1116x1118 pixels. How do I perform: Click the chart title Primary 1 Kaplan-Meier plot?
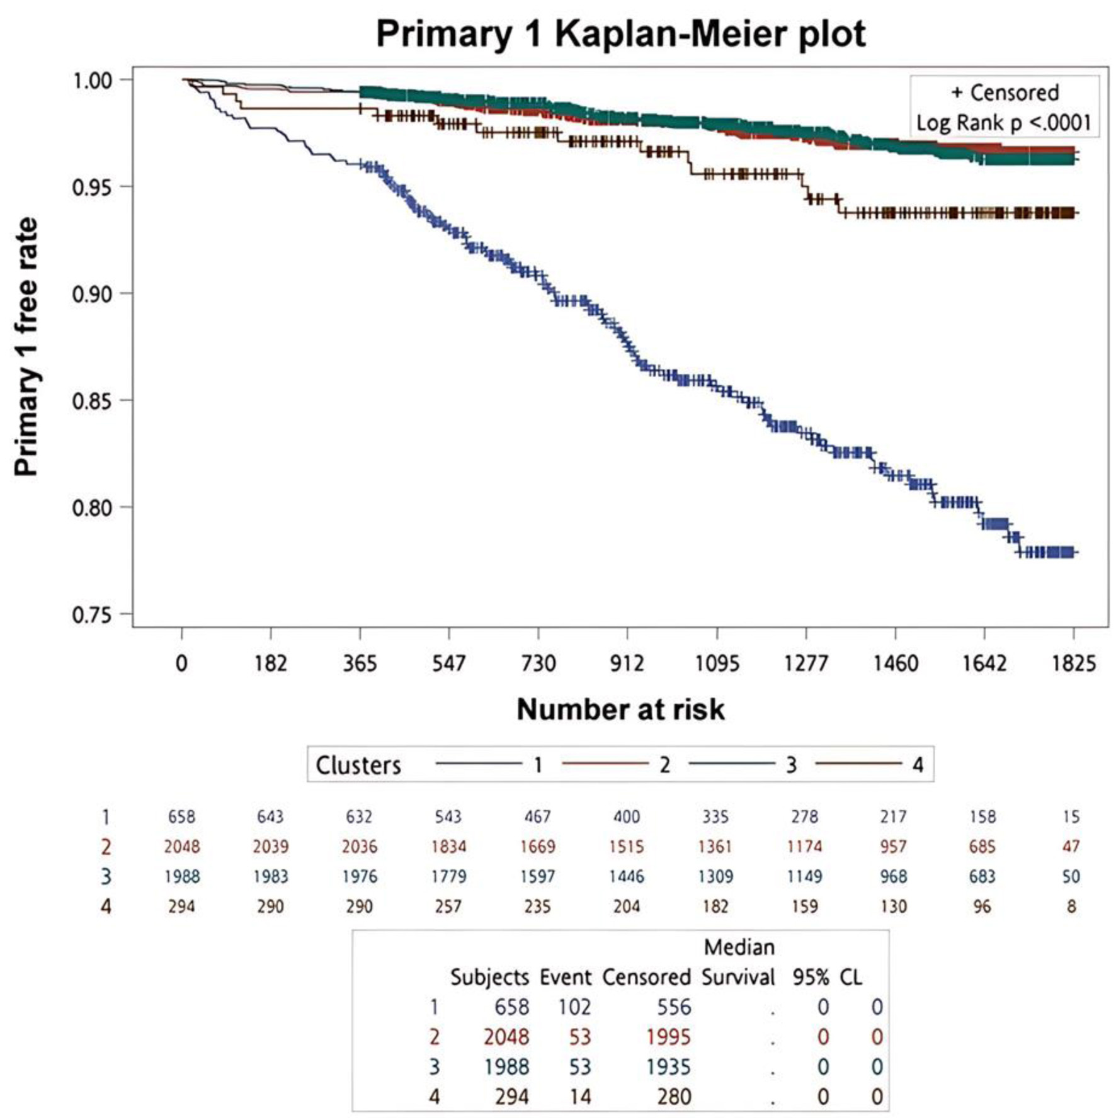click(620, 34)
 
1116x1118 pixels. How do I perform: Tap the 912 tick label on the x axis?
click(627, 663)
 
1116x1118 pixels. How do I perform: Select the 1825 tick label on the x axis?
click(1073, 663)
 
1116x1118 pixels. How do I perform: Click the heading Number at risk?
click(620, 709)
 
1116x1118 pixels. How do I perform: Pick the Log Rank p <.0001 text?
click(1003, 122)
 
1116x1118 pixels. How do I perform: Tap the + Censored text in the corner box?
click(1005, 93)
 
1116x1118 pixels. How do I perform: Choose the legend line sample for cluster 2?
click(605, 764)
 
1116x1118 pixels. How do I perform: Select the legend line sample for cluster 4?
click(858, 764)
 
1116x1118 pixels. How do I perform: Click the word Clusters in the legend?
click(358, 765)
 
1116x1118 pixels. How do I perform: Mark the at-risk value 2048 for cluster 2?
click(182, 847)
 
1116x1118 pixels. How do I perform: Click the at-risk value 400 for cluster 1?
click(627, 817)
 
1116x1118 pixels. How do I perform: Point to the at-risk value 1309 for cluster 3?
click(715, 876)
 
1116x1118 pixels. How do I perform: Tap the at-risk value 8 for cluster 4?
click(1071, 906)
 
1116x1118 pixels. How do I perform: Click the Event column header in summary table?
click(565, 977)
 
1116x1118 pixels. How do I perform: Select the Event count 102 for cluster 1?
click(574, 1007)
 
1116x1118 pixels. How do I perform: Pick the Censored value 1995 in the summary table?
click(668, 1037)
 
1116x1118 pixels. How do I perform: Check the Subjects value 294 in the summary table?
click(511, 1097)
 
